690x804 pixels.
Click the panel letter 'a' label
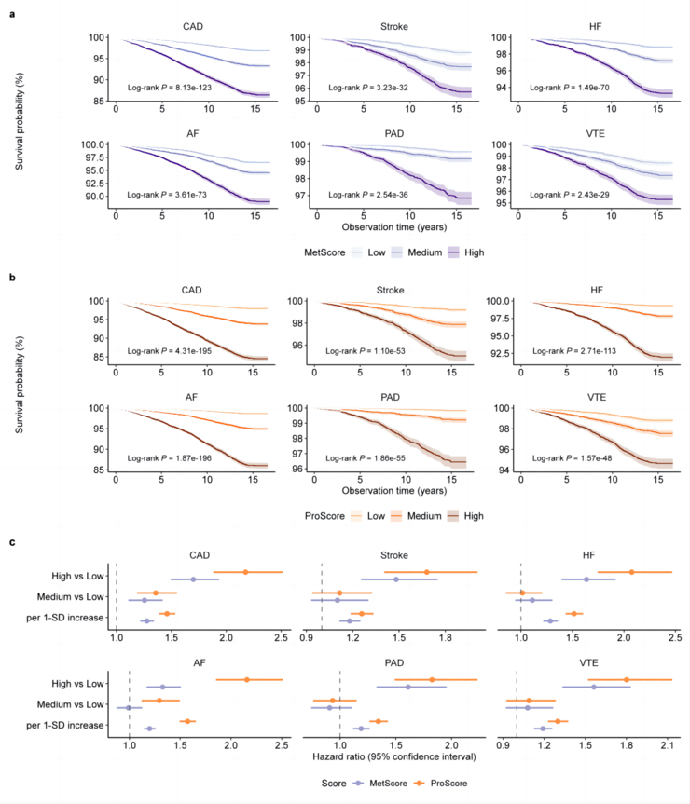11,10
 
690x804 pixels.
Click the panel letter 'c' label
11,541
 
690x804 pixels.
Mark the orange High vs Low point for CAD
245,572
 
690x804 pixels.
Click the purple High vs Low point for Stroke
396,579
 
